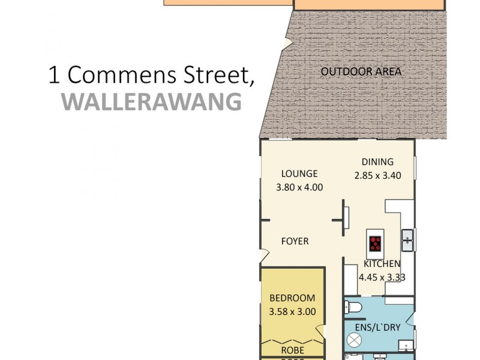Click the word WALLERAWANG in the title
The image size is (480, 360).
[152, 101]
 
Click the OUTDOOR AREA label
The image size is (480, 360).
[361, 72]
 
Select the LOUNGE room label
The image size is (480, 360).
[299, 173]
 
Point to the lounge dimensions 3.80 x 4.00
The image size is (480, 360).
[299, 187]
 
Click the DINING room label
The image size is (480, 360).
[377, 161]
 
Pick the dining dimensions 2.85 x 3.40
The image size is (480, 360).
[377, 176]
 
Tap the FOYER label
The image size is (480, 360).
[295, 241]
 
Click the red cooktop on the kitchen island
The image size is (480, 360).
[376, 243]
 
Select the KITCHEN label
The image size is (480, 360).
[382, 264]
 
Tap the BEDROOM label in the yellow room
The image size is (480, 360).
[292, 298]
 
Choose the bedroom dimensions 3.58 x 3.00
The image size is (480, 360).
[292, 311]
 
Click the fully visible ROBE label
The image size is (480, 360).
[292, 350]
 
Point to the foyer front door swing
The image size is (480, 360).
[265, 256]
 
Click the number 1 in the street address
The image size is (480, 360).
[55, 76]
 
